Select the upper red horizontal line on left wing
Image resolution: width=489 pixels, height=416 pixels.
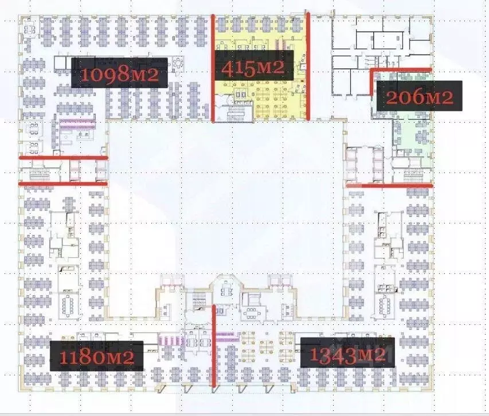(x=63, y=157)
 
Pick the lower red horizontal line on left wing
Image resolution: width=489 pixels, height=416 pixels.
(x=63, y=183)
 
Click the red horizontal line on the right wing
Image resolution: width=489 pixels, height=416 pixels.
(x=389, y=185)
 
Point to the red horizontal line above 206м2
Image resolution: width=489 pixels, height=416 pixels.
(x=400, y=69)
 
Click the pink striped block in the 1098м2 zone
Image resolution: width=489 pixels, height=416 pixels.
(x=77, y=122)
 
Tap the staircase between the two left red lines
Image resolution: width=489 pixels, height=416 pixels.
(x=39, y=170)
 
